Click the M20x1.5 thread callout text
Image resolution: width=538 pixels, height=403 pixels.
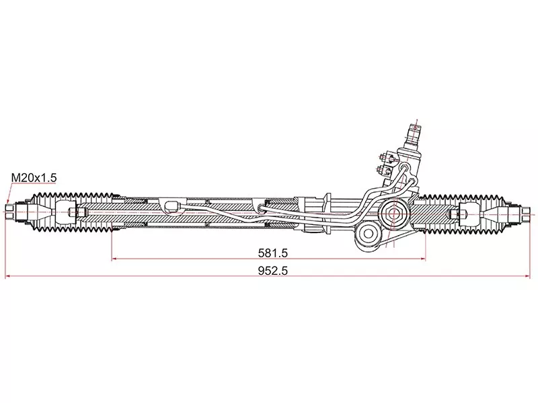click(x=34, y=178)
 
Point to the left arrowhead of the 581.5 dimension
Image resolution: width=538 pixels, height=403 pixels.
click(x=114, y=259)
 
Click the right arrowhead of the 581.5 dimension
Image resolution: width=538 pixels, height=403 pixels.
click(x=423, y=259)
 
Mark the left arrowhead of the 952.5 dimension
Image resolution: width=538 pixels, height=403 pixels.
click(x=8, y=276)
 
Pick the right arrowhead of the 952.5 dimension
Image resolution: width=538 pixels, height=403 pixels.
click(x=527, y=276)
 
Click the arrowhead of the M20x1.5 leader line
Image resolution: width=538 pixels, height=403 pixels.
click(x=8, y=201)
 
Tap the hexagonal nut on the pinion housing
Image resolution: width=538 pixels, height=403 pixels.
click(x=393, y=214)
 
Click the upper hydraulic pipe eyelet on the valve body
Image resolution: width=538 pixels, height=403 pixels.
click(x=405, y=167)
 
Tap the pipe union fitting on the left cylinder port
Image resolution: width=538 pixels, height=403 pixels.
click(x=172, y=206)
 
